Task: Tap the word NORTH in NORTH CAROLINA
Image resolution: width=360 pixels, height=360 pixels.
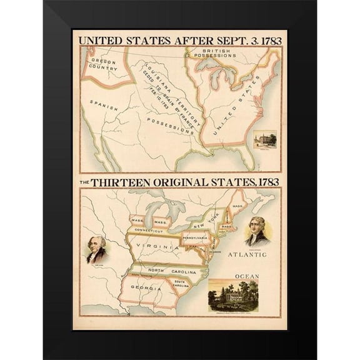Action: coord(151,270)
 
